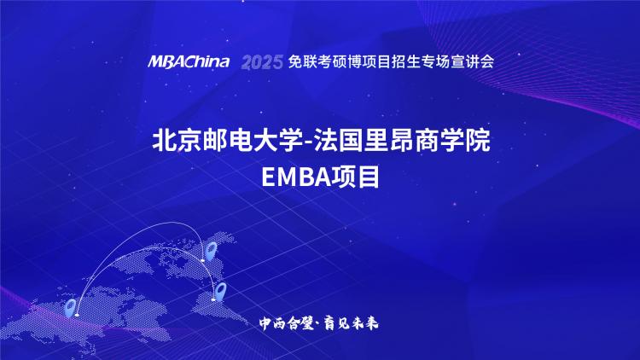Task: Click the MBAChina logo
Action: pyautogui.click(x=189, y=62)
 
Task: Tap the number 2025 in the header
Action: pyautogui.click(x=262, y=62)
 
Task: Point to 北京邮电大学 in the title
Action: pyautogui.click(x=227, y=141)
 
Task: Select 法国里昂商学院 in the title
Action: pyautogui.click(x=402, y=141)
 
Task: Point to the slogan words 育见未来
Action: pyautogui.click(x=351, y=323)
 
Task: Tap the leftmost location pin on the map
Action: pyautogui.click(x=71, y=308)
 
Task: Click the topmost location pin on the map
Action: pyautogui.click(x=211, y=250)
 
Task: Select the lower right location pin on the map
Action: pyautogui.click(x=220, y=291)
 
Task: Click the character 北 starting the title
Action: pyautogui.click(x=164, y=141)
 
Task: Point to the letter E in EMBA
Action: pyautogui.click(x=268, y=177)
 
